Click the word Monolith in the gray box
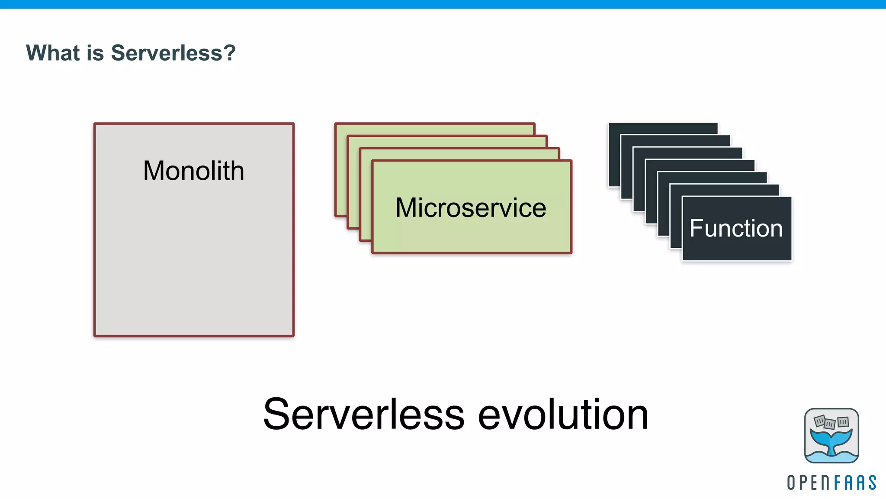pyautogui.click(x=193, y=171)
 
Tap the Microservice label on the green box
pyautogui.click(x=471, y=207)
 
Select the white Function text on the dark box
pyautogui.click(x=736, y=228)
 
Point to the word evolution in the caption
pyautogui.click(x=563, y=414)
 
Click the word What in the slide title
pyautogui.click(x=53, y=53)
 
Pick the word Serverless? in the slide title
pyautogui.click(x=173, y=53)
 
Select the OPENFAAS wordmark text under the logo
pyautogui.click(x=831, y=483)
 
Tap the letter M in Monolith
pyautogui.click(x=154, y=171)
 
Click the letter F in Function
pyautogui.click(x=696, y=228)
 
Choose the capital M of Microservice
pyautogui.click(x=406, y=207)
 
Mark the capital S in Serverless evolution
pyautogui.click(x=277, y=414)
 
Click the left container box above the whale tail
pyautogui.click(x=819, y=421)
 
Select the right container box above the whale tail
pyautogui.click(x=843, y=421)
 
